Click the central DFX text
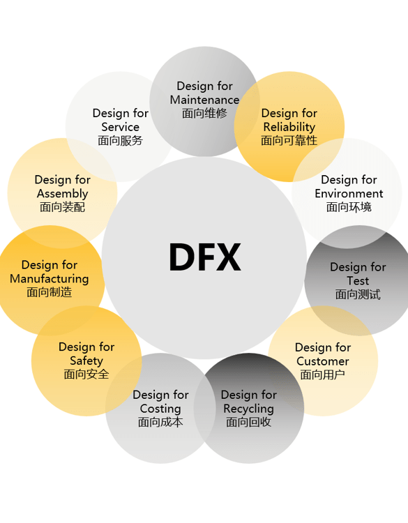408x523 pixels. (205, 257)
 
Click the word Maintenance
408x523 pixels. (204, 100)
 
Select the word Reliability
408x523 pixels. (289, 127)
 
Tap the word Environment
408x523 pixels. (349, 193)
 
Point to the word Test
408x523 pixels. (358, 281)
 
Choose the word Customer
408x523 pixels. (323, 361)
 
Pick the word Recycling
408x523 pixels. (248, 409)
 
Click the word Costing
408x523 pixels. (160, 409)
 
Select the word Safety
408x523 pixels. (86, 361)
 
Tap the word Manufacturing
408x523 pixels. (50, 279)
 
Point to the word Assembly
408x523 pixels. (62, 194)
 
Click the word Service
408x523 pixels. (121, 127)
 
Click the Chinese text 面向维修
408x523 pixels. (204, 114)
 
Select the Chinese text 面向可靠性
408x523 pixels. (289, 140)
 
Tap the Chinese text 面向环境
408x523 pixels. (349, 207)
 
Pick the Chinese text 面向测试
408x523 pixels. (358, 294)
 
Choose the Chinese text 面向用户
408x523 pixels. (323, 375)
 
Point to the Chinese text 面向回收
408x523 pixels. (248, 423)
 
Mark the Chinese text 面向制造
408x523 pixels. (50, 292)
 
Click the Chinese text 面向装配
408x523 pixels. (62, 207)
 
